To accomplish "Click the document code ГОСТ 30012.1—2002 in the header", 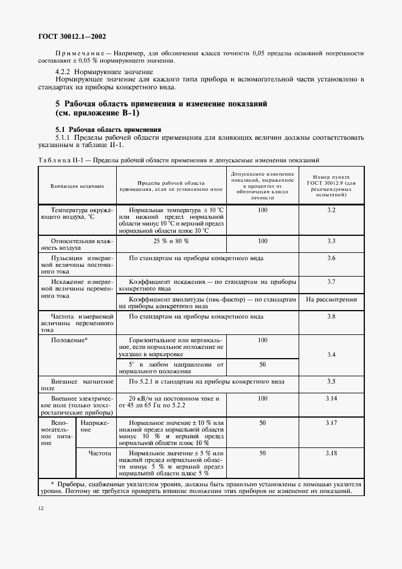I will pos(72,36).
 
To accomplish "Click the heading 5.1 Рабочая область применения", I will pos(108,129).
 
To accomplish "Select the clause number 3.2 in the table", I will pos(331,210).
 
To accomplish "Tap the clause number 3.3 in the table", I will pos(331,241).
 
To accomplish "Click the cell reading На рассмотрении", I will pos(331,300).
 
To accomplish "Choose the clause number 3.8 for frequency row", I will pos(331,317).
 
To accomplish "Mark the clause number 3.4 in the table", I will pos(331,354).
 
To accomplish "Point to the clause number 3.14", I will pos(331,398).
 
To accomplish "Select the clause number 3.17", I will pos(331,422).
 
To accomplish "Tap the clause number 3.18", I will pos(331,453).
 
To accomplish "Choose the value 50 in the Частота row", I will pos(262,453).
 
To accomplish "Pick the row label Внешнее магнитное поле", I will pos(77,385).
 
